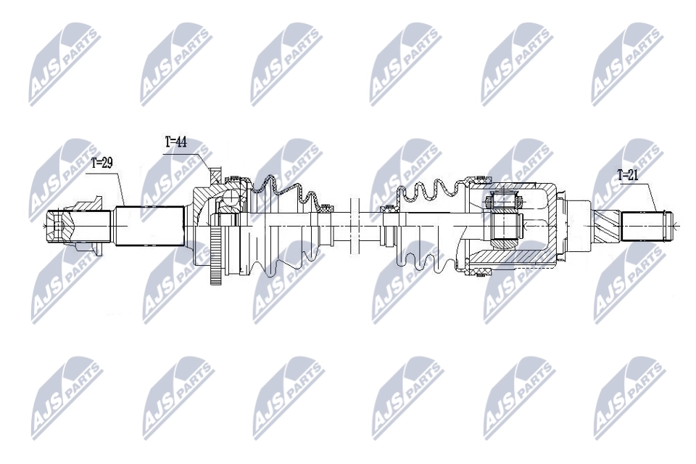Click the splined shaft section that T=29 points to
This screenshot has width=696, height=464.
148,227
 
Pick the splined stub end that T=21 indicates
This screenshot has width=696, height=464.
645,227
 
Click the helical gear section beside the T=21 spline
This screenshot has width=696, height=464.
605,227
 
